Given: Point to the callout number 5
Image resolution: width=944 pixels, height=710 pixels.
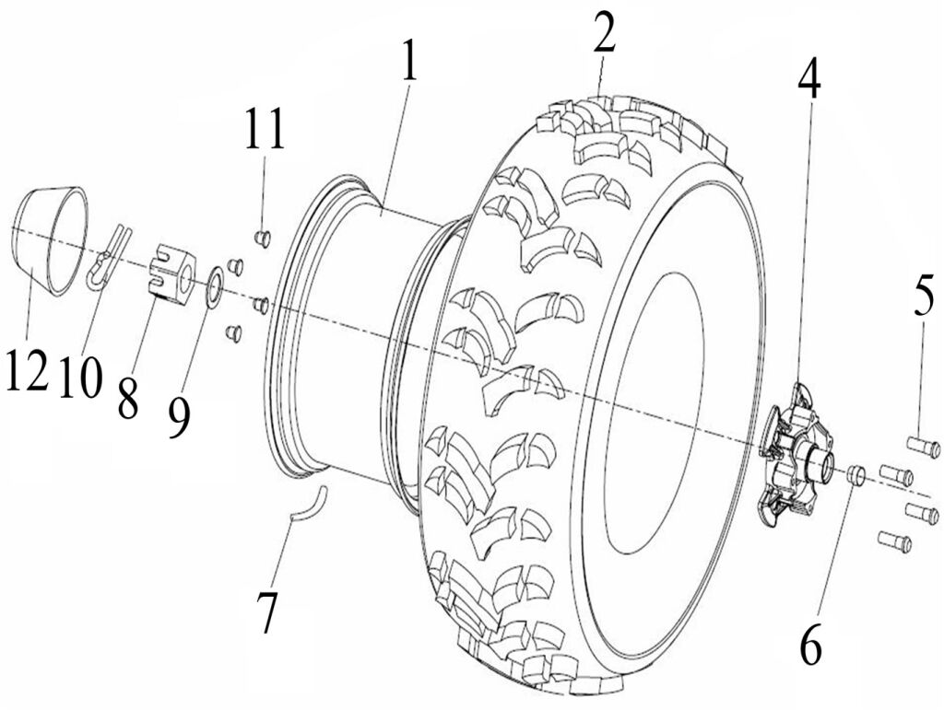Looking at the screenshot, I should tap(924, 298).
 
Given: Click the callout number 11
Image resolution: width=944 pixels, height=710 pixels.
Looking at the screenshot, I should tap(265, 131).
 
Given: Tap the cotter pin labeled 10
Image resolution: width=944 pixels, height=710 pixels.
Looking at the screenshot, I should tap(108, 258).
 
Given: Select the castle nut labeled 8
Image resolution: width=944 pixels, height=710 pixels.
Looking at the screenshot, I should tap(172, 273).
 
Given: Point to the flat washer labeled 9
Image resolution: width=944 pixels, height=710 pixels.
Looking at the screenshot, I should tap(214, 286).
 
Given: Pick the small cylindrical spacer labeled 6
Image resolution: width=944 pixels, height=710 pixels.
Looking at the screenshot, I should tap(855, 474).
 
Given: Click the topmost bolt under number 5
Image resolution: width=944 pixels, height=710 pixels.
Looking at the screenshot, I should tap(922, 448).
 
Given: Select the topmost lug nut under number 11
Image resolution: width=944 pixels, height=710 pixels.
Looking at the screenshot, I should tap(262, 237).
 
